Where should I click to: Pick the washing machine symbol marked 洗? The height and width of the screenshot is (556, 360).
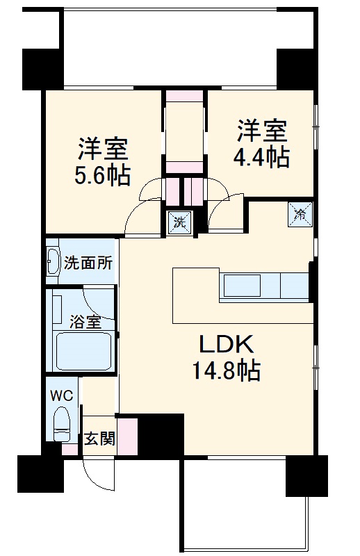[179, 222]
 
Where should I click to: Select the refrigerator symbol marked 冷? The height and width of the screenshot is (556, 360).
[300, 214]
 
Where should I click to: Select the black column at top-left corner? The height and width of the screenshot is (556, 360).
[42, 69]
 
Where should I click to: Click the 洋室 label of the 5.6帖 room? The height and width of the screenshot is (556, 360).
[102, 149]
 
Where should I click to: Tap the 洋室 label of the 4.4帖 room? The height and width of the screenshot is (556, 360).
[262, 131]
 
